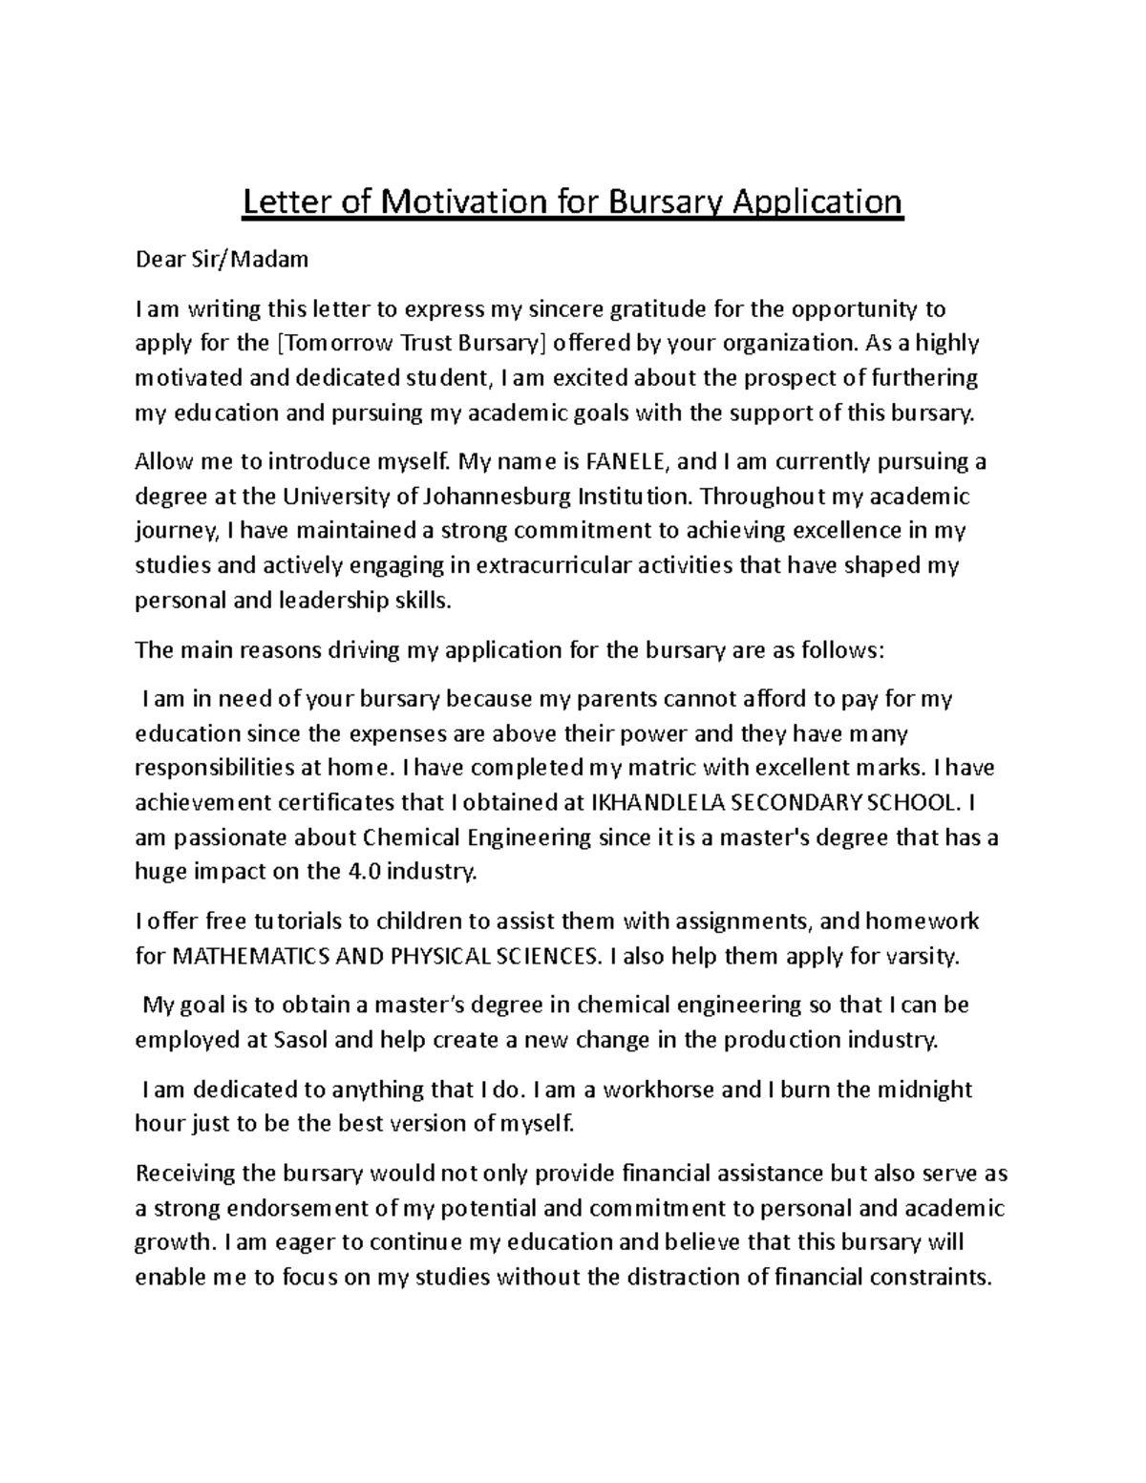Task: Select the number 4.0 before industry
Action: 340,872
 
